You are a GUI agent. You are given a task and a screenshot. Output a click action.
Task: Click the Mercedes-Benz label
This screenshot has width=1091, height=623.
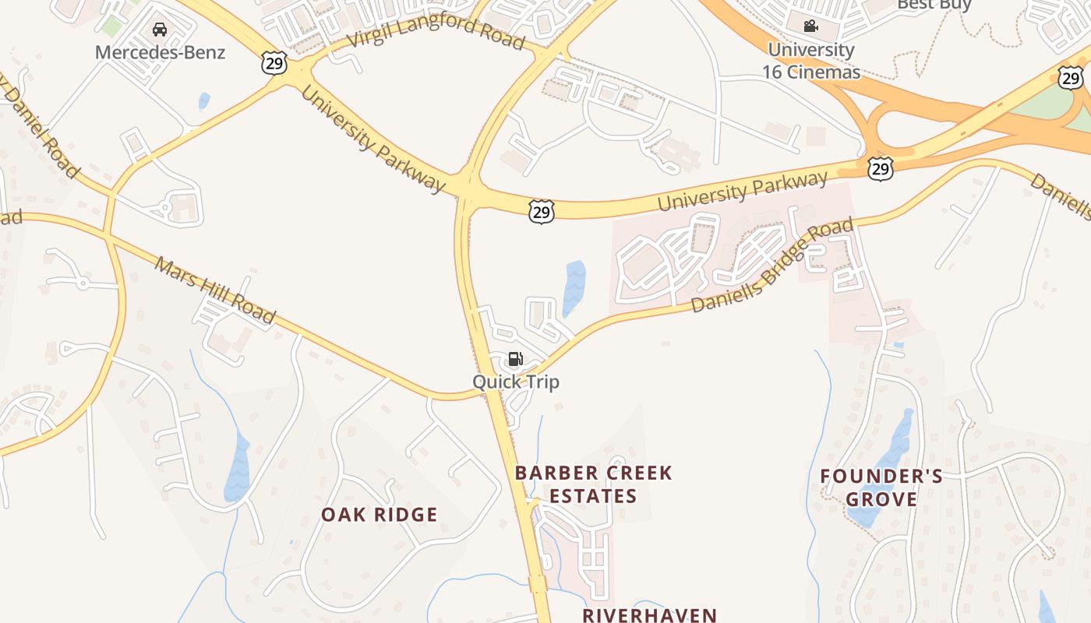pos(160,53)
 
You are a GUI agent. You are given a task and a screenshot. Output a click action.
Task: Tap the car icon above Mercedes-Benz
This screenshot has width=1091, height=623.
pos(160,30)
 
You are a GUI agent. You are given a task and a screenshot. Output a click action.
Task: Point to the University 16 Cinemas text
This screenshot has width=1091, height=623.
pos(813,62)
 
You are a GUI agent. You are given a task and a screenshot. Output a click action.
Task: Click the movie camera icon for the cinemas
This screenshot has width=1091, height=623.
pos(811,26)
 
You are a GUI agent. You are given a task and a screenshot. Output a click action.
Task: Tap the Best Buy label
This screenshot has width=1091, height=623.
pos(934,5)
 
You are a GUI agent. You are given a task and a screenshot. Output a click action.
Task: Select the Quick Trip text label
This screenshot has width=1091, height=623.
pos(515,382)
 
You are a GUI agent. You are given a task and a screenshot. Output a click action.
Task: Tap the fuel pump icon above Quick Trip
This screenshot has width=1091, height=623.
pos(515,359)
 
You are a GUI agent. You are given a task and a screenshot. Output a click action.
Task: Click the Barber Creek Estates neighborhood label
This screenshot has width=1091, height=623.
pos(593,484)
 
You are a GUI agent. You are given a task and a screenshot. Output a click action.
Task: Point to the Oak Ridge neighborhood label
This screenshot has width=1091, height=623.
pos(380,515)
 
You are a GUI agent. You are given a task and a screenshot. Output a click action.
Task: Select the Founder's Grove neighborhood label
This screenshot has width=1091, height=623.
pos(881,487)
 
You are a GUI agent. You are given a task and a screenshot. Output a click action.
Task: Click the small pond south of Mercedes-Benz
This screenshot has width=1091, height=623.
pos(204,100)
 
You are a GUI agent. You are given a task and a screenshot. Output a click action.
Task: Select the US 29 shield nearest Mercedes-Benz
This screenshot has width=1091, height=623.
pos(274,63)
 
